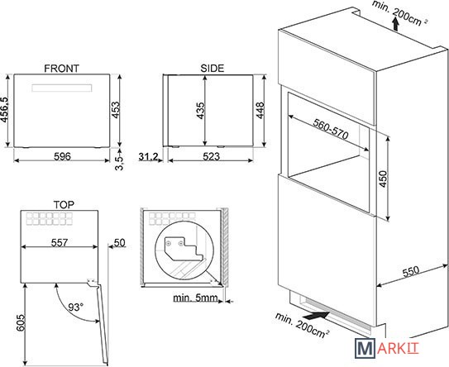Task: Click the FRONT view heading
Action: point(61,69)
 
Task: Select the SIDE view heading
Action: point(213,69)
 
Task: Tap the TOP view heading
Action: point(64,205)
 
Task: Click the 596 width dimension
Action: point(62,156)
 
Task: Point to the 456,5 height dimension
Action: point(4,110)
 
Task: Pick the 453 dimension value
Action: point(116,110)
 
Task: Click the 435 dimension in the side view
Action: point(200,111)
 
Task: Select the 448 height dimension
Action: point(260,111)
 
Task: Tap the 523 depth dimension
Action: point(212,156)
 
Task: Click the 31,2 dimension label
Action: point(148,156)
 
